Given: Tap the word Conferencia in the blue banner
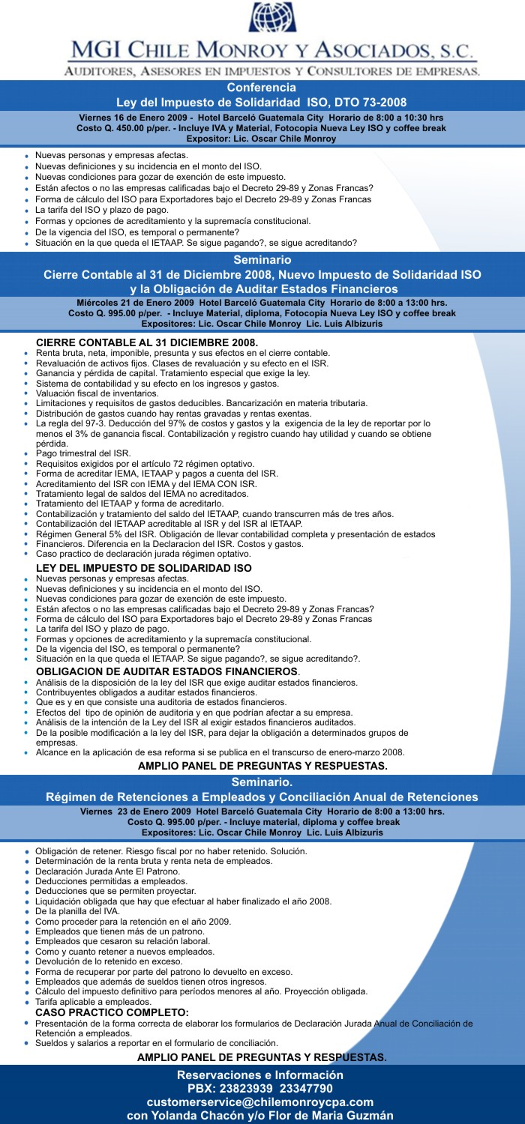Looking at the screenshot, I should pyautogui.click(x=262, y=88).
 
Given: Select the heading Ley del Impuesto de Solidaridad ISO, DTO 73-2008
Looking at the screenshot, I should pyautogui.click(x=262, y=103).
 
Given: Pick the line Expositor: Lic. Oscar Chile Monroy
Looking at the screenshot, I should pyautogui.click(x=261, y=139).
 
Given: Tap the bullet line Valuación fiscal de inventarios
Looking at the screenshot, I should pyautogui.click(x=97, y=393).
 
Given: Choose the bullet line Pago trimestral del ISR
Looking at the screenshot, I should pyautogui.click(x=83, y=453).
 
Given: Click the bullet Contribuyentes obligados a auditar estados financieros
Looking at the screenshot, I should pyautogui.click(x=146, y=692).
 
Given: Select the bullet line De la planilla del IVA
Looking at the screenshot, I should pyautogui.click(x=82, y=910).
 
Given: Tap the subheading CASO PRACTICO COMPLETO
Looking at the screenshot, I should pyautogui.click(x=112, y=1012).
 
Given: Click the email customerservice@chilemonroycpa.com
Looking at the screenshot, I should pyautogui.click(x=260, y=1102).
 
